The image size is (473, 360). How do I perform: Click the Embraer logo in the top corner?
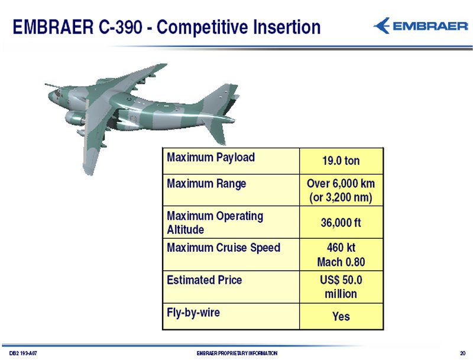point(420,26)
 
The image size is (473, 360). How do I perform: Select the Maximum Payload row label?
point(211,158)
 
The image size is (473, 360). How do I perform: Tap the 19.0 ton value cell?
point(341,161)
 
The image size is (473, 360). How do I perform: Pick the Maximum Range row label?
point(206,184)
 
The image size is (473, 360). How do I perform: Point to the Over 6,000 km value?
point(341,184)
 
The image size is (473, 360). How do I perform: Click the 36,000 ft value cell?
point(341,223)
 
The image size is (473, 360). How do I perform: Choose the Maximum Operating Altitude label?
point(215,222)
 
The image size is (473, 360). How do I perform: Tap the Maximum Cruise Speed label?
point(223,248)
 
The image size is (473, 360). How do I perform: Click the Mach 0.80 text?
point(341,262)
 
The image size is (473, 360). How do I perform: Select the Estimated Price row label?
point(204,280)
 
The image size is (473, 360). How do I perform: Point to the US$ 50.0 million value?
point(341,287)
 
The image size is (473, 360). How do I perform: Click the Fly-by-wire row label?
point(193,313)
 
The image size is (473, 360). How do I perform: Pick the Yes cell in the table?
point(341,317)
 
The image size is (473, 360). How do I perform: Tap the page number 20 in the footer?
point(463,353)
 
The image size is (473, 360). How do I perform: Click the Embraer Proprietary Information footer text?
point(237,353)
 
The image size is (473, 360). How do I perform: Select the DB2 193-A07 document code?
point(23,353)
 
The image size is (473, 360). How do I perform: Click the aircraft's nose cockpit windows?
point(57,93)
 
